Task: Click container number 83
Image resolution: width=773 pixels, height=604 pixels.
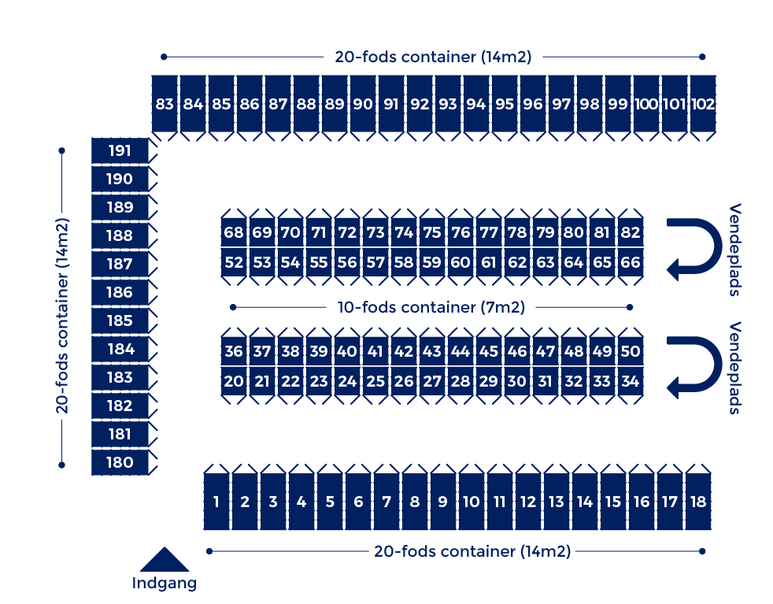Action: click(165, 103)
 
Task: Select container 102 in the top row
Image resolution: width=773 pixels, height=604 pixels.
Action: click(702, 103)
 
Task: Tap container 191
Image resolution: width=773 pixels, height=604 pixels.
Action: click(120, 150)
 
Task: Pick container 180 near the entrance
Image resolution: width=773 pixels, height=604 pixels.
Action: click(120, 462)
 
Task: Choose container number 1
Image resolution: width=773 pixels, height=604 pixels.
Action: click(216, 502)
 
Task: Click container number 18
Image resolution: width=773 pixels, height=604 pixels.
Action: click(698, 502)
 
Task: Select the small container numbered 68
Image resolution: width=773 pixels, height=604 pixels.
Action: click(234, 232)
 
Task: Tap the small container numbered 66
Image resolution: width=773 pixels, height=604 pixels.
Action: click(631, 261)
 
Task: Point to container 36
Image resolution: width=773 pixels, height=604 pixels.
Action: click(234, 351)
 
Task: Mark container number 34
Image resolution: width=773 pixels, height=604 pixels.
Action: click(631, 381)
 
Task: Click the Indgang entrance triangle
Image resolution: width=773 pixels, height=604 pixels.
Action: click(165, 560)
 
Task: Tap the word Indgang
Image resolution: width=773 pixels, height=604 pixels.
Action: click(165, 584)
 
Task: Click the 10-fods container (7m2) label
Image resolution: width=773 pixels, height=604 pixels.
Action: click(431, 307)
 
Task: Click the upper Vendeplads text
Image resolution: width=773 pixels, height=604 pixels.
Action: click(734, 250)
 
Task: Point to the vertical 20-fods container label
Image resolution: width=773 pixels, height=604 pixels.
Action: click(62, 316)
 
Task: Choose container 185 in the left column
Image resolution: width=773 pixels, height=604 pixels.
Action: click(120, 321)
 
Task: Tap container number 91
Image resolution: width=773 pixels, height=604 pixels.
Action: click(391, 103)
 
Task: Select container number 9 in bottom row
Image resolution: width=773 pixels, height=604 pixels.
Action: click(442, 502)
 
